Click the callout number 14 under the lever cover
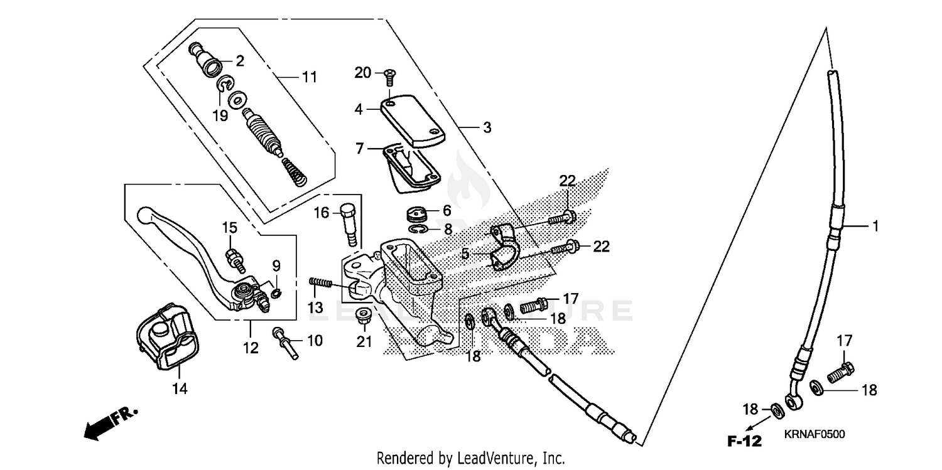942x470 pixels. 180,389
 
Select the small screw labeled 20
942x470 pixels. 387,77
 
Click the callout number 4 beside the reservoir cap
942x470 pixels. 359,109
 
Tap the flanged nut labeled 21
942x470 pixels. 362,318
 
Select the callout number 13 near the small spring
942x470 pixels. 315,307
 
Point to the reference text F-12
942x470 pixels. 745,441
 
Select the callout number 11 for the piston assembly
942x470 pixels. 310,77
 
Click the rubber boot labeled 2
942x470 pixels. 207,61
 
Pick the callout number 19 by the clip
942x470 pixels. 219,117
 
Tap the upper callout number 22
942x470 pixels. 568,181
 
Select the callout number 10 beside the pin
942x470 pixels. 314,341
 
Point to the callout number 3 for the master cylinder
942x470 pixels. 487,127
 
